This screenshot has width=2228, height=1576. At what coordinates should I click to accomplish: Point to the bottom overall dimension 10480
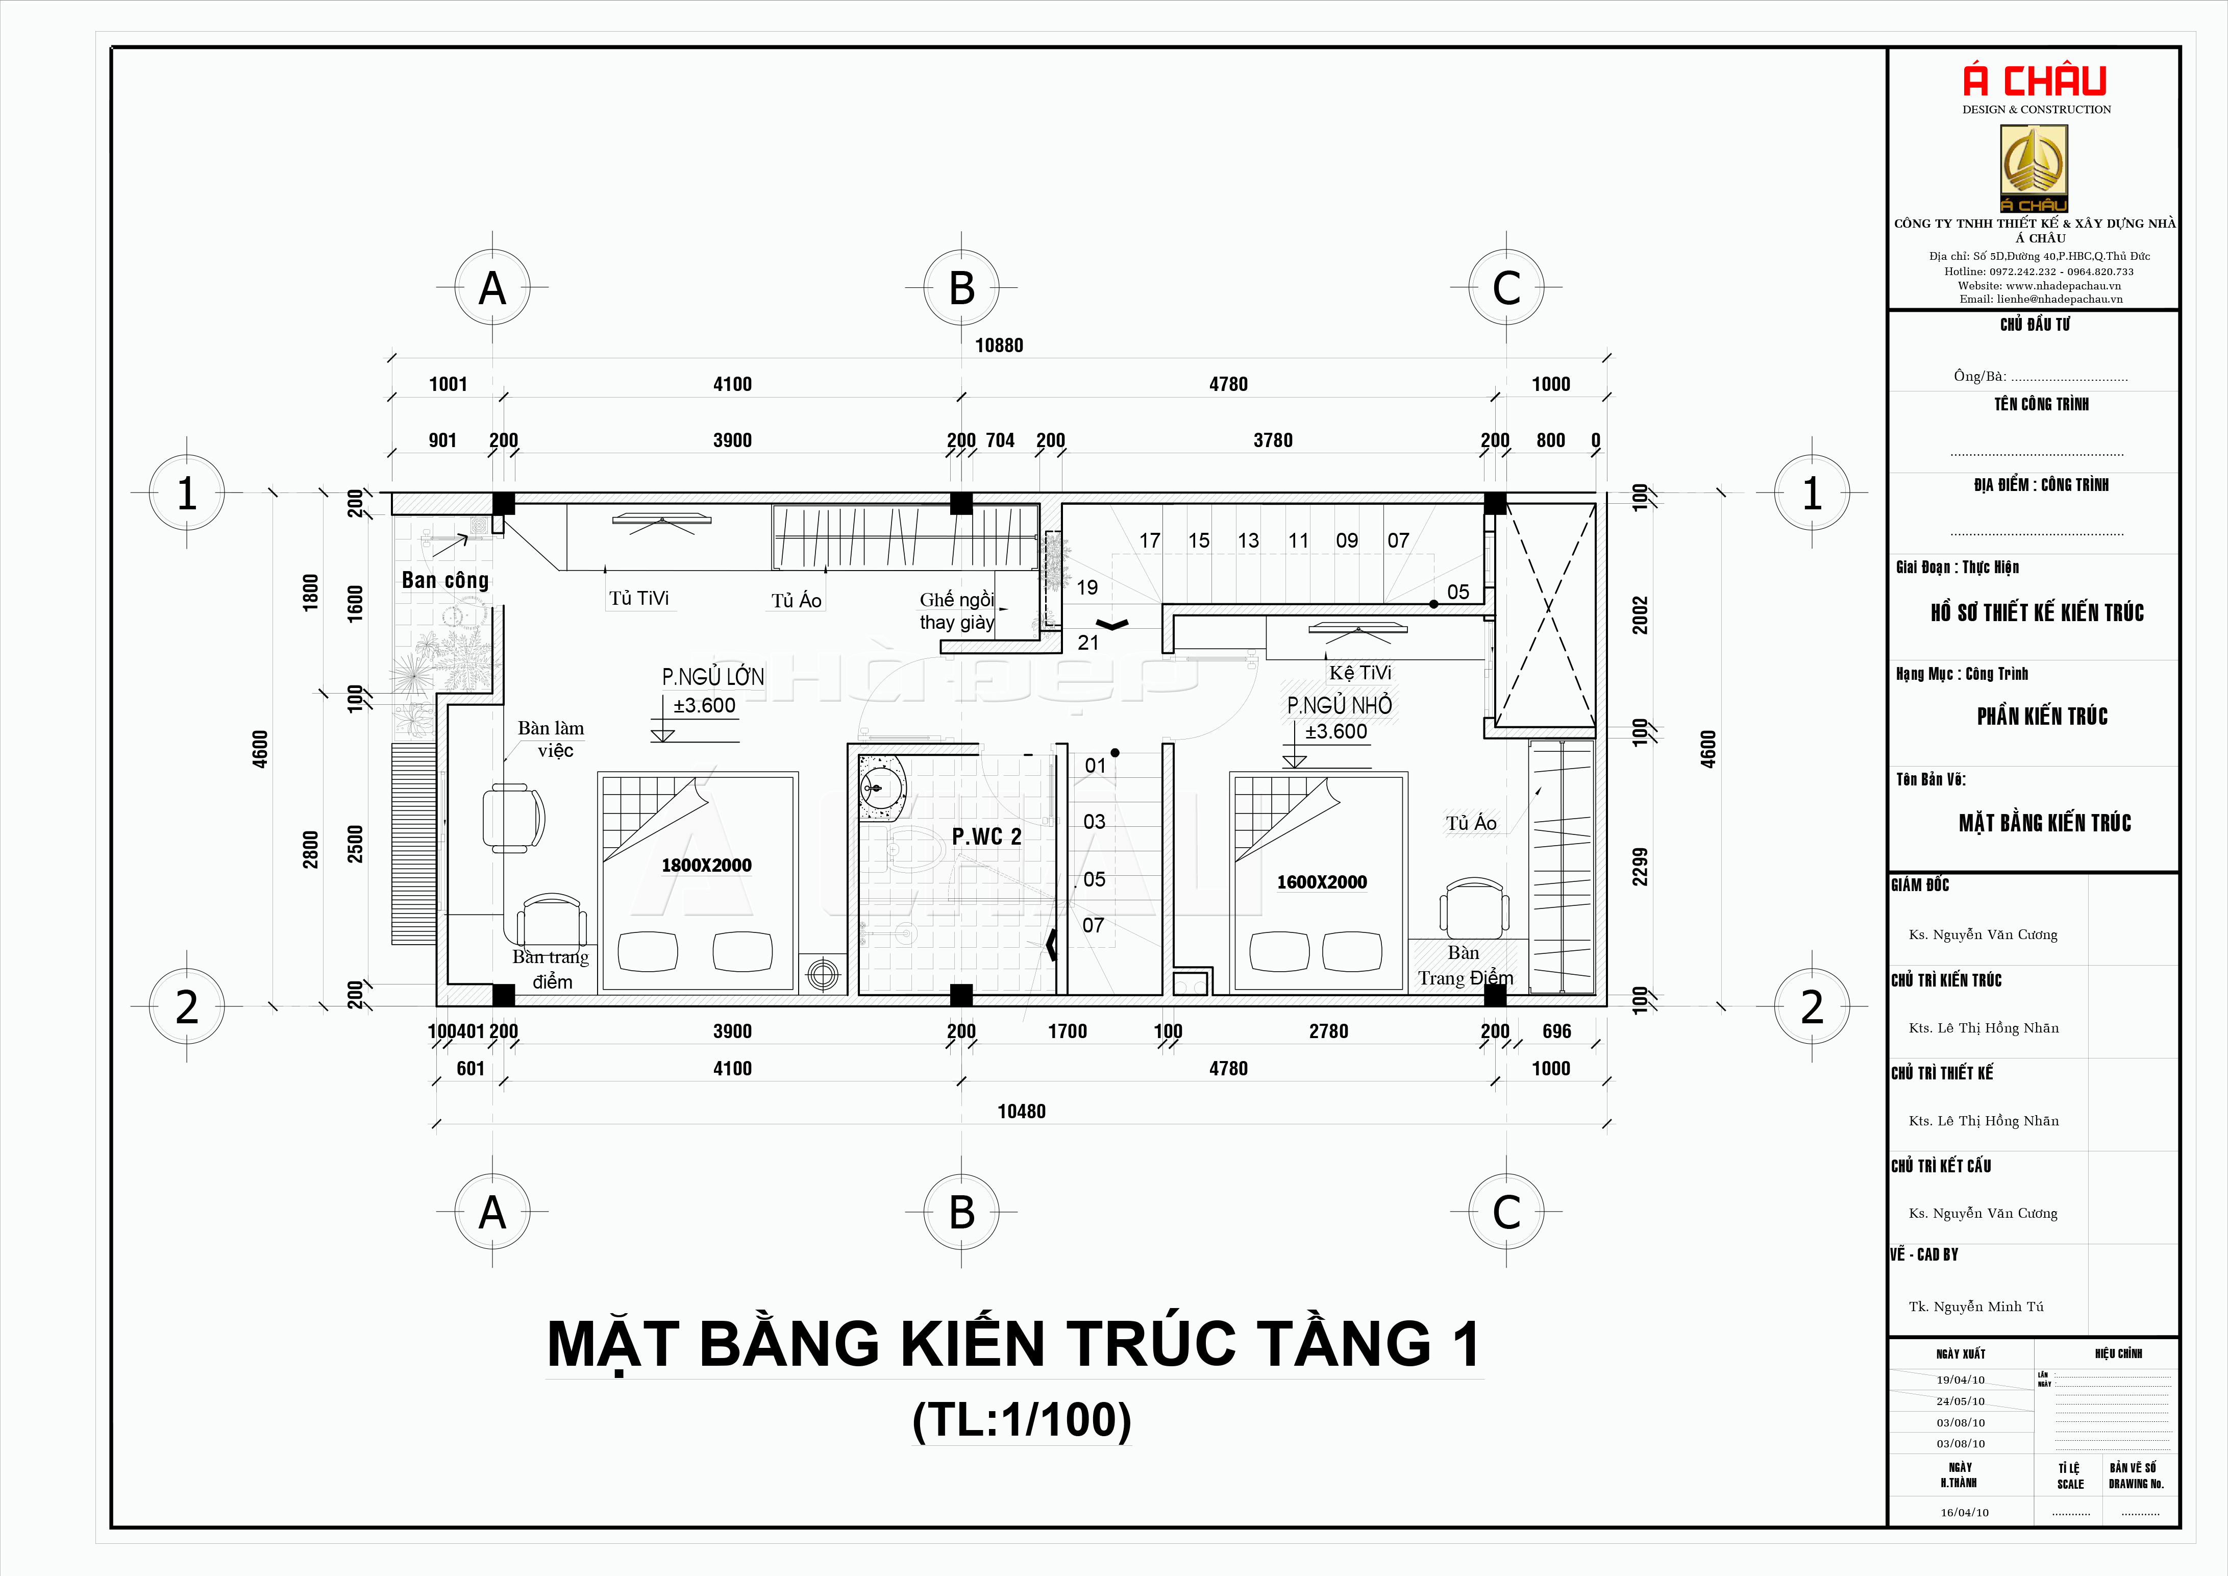coord(1022,1111)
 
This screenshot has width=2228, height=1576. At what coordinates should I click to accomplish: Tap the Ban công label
coord(445,580)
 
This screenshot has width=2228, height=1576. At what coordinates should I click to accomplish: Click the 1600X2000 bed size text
coord(1322,882)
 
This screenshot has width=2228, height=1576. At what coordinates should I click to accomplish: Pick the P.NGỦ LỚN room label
coord(713,676)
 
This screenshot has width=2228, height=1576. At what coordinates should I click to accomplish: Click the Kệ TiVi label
coord(1360,673)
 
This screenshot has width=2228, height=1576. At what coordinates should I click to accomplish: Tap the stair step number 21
coord(1088,643)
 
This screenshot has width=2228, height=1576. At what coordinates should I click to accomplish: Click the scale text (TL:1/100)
coord(1022,1420)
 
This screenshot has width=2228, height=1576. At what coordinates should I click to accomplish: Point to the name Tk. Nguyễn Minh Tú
coord(1976,1306)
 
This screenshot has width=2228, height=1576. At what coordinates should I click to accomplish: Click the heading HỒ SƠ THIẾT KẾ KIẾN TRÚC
coord(2037,612)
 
